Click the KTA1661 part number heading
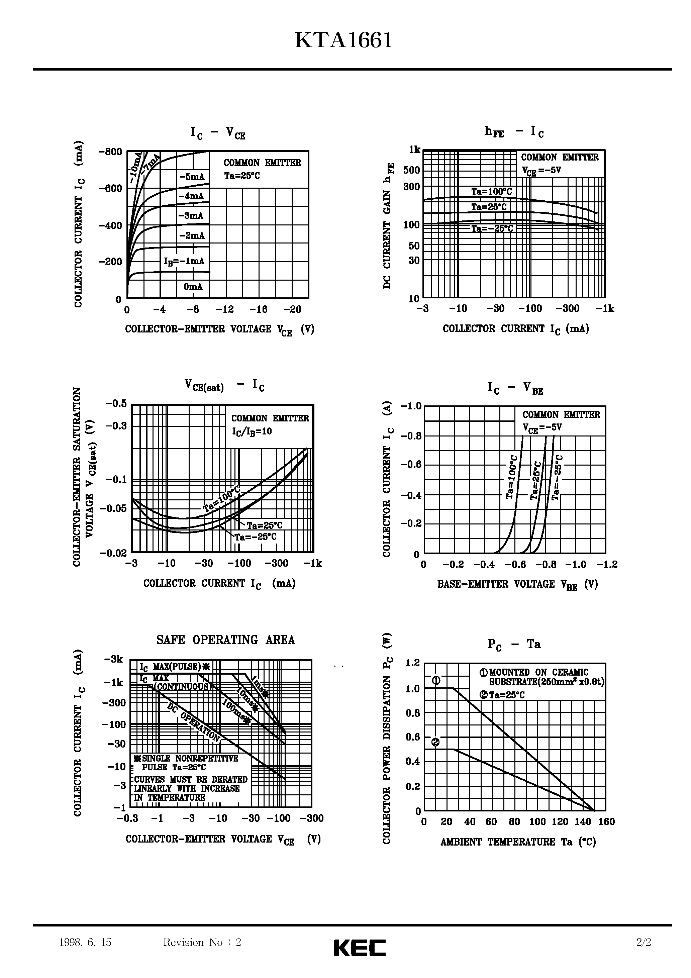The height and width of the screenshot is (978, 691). (343, 41)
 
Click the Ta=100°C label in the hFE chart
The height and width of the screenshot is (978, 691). (491, 192)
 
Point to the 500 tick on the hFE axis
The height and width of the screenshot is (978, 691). (411, 170)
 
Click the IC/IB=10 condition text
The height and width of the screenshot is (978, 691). (252, 431)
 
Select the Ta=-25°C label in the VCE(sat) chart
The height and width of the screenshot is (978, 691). (256, 537)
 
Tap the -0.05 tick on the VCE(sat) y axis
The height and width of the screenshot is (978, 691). (113, 508)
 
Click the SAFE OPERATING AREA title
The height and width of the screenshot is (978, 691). (225, 640)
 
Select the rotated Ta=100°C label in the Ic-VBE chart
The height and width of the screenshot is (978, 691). (512, 477)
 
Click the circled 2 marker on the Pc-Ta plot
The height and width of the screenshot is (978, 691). (436, 743)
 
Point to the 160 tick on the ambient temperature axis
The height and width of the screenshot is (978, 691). (606, 822)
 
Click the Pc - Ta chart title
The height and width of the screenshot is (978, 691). (514, 645)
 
